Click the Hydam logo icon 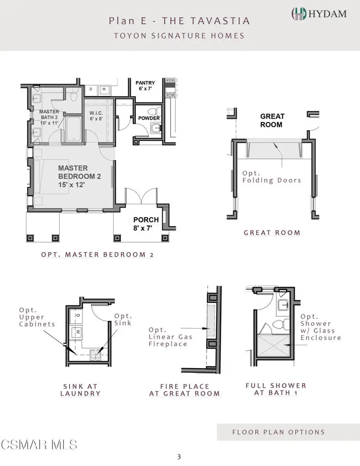[x=299, y=14]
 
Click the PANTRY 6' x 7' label [x=145, y=86]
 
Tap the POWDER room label [x=149, y=118]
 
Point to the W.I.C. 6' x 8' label [x=96, y=116]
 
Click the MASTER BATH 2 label [x=49, y=117]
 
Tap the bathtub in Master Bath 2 [x=73, y=129]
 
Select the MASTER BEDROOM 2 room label [x=79, y=176]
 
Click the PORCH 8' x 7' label [x=146, y=224]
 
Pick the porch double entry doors [x=141, y=196]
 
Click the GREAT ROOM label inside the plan [x=272, y=120]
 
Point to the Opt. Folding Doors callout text [x=272, y=177]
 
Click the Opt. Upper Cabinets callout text [x=37, y=317]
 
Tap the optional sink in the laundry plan [x=96, y=355]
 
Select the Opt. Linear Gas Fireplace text [x=171, y=337]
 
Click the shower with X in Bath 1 [x=273, y=346]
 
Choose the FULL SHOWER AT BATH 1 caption [x=276, y=389]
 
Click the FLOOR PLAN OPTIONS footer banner [x=289, y=432]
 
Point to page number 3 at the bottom [x=179, y=457]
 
